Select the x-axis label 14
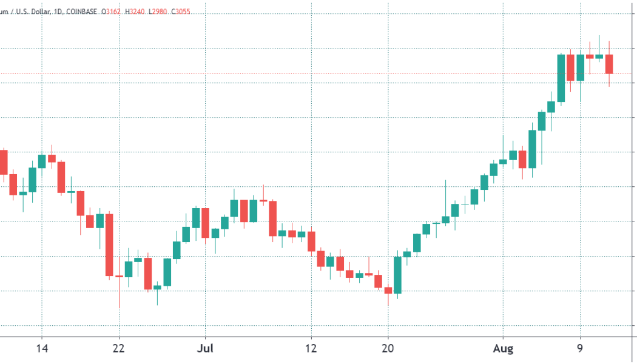point(42,349)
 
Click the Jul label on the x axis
point(205,349)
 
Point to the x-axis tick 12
point(311,349)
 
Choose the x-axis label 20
point(388,349)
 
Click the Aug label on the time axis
point(503,349)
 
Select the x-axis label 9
point(580,349)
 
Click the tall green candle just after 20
point(397,275)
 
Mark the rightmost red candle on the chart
point(609,64)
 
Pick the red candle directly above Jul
point(206,223)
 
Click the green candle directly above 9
point(580,67)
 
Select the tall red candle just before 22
point(109,244)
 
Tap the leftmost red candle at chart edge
point(3,161)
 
